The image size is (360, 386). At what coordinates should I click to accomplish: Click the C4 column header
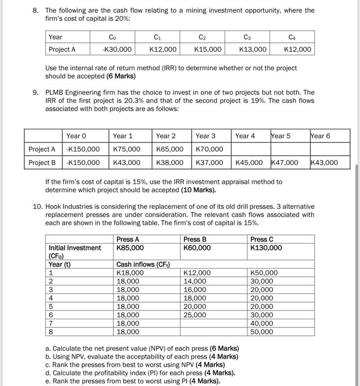(292, 37)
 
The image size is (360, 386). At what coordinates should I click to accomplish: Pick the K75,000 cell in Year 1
(126, 149)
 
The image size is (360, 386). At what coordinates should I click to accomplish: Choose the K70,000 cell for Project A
(209, 149)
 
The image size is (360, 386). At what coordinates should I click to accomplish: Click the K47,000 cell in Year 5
(285, 162)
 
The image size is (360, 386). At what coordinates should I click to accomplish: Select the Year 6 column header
(320, 136)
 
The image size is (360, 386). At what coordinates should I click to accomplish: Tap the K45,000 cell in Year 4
(249, 162)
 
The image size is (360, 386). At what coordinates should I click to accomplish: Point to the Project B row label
(42, 162)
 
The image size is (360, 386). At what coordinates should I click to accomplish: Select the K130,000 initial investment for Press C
(266, 248)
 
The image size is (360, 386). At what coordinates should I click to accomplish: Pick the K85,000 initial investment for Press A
(130, 248)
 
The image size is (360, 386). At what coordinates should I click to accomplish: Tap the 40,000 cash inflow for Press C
(262, 323)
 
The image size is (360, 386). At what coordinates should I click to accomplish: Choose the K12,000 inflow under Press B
(197, 273)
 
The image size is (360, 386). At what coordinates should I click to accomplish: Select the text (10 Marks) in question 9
(198, 190)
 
